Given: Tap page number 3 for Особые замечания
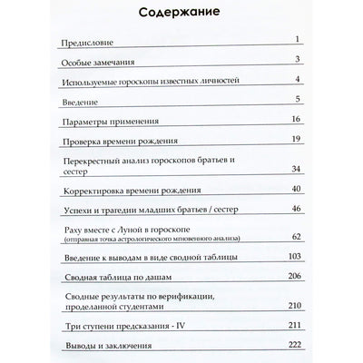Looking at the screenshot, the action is (297, 61).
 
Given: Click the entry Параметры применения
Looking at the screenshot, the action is (110, 121).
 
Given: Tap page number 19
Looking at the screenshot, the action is (294, 139).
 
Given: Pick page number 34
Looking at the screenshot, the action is (294, 169).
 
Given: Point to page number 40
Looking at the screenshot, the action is (294, 189).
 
